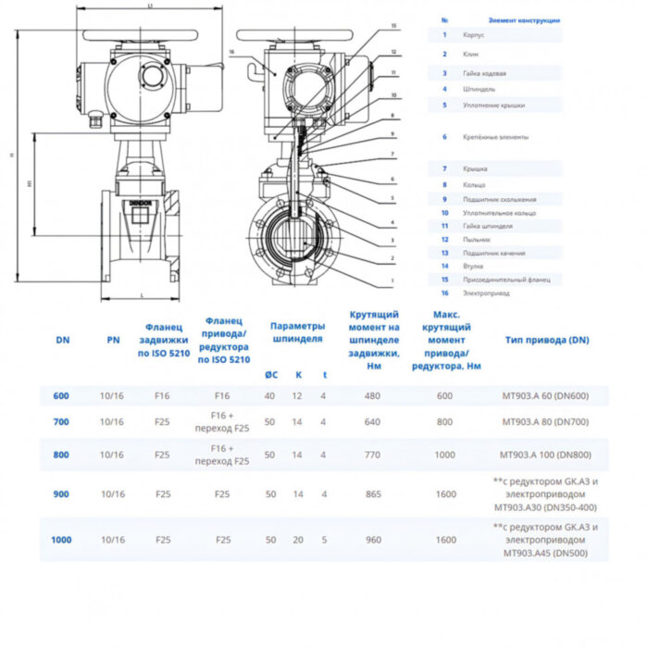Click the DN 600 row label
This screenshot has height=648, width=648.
pyautogui.click(x=61, y=396)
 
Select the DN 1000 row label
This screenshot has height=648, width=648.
pyautogui.click(x=61, y=539)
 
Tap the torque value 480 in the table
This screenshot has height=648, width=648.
pyautogui.click(x=373, y=396)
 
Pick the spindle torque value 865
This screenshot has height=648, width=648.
pyautogui.click(x=373, y=494)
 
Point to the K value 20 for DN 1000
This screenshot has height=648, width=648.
pyautogui.click(x=297, y=539)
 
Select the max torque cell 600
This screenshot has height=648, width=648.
pyautogui.click(x=445, y=396)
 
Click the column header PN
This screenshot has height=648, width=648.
pyautogui.click(x=113, y=340)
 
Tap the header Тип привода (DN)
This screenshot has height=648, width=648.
pyautogui.click(x=547, y=340)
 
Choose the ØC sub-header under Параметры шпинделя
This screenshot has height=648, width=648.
pyautogui.click(x=269, y=375)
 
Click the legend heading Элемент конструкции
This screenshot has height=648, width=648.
pyautogui.click(x=523, y=19)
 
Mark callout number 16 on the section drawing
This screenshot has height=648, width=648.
pyautogui.click(x=231, y=53)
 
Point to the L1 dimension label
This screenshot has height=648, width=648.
pyautogui.click(x=150, y=6)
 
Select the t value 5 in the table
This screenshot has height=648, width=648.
pyautogui.click(x=323, y=539)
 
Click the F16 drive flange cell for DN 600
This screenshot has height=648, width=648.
pyautogui.click(x=221, y=396)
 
